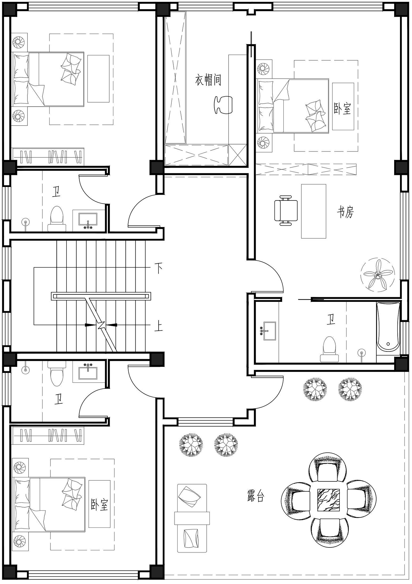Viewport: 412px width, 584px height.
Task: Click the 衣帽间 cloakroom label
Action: click(208, 80)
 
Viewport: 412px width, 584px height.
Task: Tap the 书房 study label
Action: click(345, 212)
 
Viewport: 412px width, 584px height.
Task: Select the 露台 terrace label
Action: click(255, 496)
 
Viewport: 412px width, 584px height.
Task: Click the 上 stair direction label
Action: click(158, 326)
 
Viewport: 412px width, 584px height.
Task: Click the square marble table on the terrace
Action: click(329, 500)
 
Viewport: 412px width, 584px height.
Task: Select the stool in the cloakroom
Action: click(223, 105)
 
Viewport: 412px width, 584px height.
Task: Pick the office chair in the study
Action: click(286, 211)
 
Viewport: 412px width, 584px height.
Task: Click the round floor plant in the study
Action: click(378, 274)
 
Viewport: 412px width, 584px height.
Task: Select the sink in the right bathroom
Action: click(269, 331)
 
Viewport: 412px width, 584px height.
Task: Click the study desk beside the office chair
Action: click(314, 211)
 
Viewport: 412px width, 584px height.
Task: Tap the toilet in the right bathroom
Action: click(329, 349)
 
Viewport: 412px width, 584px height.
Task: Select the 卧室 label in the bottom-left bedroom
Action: click(99, 504)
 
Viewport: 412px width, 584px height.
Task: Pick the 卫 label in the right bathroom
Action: click(331, 320)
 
